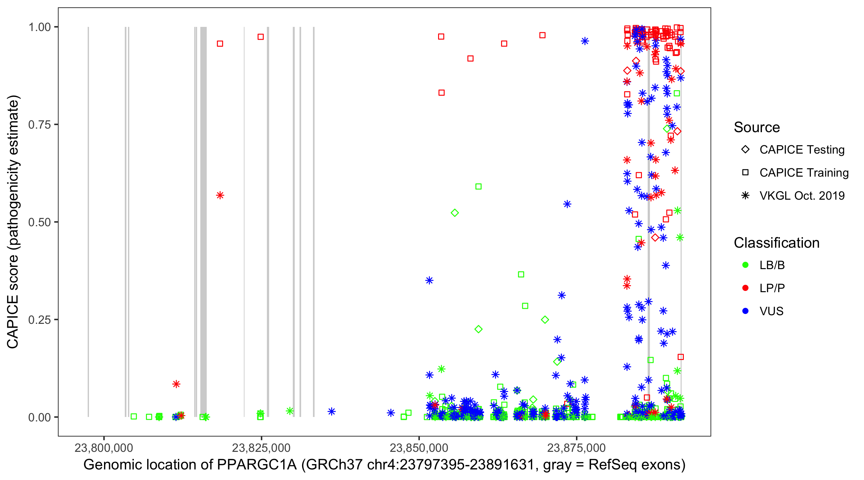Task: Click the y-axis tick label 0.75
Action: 39,125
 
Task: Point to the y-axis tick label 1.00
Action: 39,27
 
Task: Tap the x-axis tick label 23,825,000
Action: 261,448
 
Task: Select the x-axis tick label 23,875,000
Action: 576,448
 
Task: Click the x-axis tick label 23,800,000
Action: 104,448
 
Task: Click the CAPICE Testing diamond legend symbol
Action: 745,150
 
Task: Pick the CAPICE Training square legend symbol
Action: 745,173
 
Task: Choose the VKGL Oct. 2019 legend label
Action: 802,196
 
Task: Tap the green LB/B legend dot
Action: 745,265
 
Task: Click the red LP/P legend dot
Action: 745,288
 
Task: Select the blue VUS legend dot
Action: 745,311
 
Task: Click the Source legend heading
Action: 756,127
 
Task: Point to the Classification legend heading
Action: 776,243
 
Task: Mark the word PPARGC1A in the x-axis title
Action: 257,465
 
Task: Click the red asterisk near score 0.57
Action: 220,196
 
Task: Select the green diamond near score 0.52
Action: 454,213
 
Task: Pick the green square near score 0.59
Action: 478,187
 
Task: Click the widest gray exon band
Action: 203,222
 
